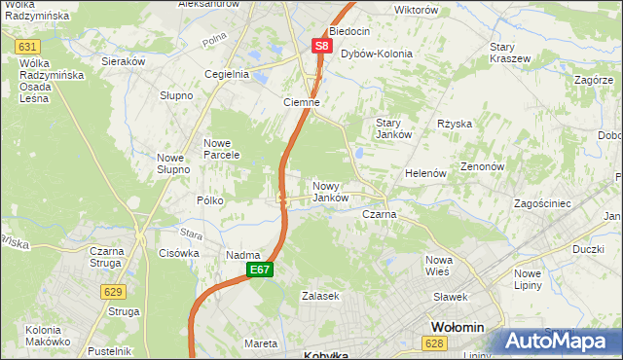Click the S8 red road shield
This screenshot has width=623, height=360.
pyautogui.click(x=322, y=46)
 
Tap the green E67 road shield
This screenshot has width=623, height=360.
pyautogui.click(x=258, y=270)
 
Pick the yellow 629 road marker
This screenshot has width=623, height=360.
pyautogui.click(x=113, y=291)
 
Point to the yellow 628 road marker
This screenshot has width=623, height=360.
pyautogui.click(x=434, y=342)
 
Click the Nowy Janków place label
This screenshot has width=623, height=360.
pyautogui.click(x=330, y=192)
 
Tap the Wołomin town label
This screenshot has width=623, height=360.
pyautogui.click(x=464, y=328)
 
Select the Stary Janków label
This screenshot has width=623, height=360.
pyautogui.click(x=395, y=128)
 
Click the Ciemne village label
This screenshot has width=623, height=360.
pyautogui.click(x=302, y=102)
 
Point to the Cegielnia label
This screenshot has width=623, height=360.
pyautogui.click(x=227, y=74)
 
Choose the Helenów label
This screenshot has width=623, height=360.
pyautogui.click(x=425, y=173)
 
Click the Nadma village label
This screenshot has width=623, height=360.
pyautogui.click(x=242, y=255)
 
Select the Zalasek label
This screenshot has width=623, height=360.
pyautogui.click(x=320, y=296)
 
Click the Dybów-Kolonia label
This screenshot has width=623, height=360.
pyautogui.click(x=377, y=54)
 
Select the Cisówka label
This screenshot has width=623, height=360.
pyautogui.click(x=178, y=253)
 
